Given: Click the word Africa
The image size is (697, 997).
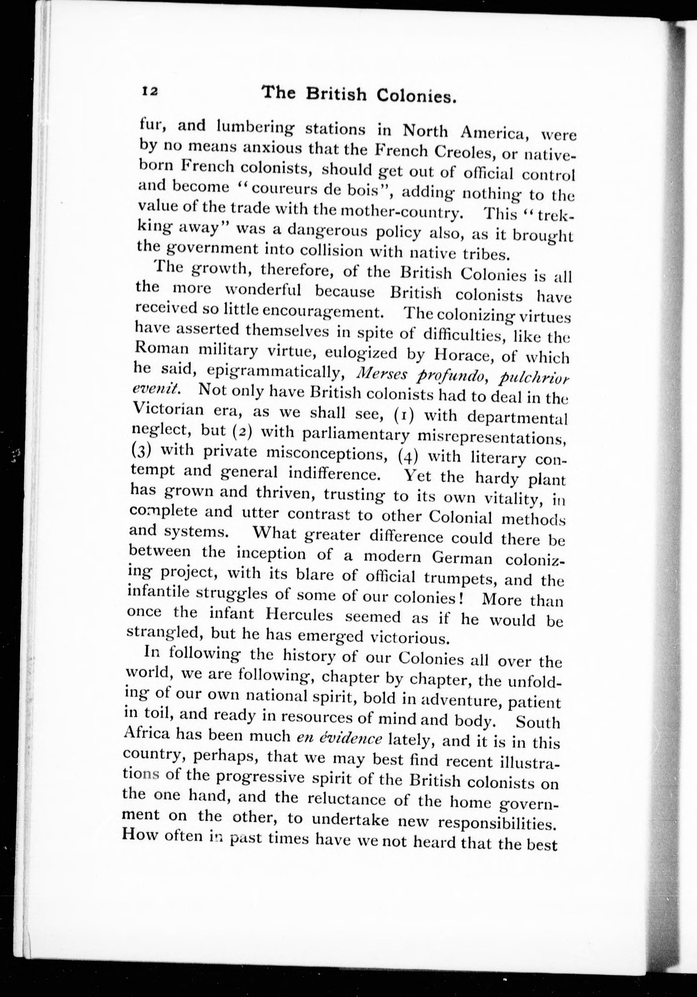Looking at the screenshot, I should (x=146, y=734).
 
